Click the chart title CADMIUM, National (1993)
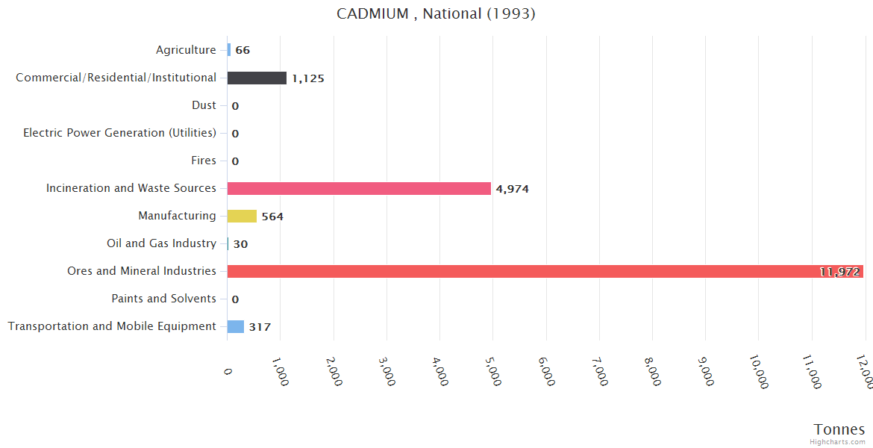(436, 13)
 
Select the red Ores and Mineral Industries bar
(545, 271)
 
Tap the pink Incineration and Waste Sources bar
(359, 188)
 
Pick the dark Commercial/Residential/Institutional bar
(257, 78)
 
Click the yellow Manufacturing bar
(242, 216)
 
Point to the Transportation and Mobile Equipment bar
(236, 326)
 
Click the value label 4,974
(513, 189)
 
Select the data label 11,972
(839, 272)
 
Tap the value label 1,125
(308, 78)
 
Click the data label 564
(272, 217)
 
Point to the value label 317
(260, 327)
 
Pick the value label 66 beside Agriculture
(242, 51)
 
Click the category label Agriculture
(186, 50)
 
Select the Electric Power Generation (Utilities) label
(119, 133)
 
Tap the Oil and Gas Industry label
(161, 243)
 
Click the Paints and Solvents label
(163, 299)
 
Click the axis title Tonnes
(839, 429)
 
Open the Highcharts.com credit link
(839, 442)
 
